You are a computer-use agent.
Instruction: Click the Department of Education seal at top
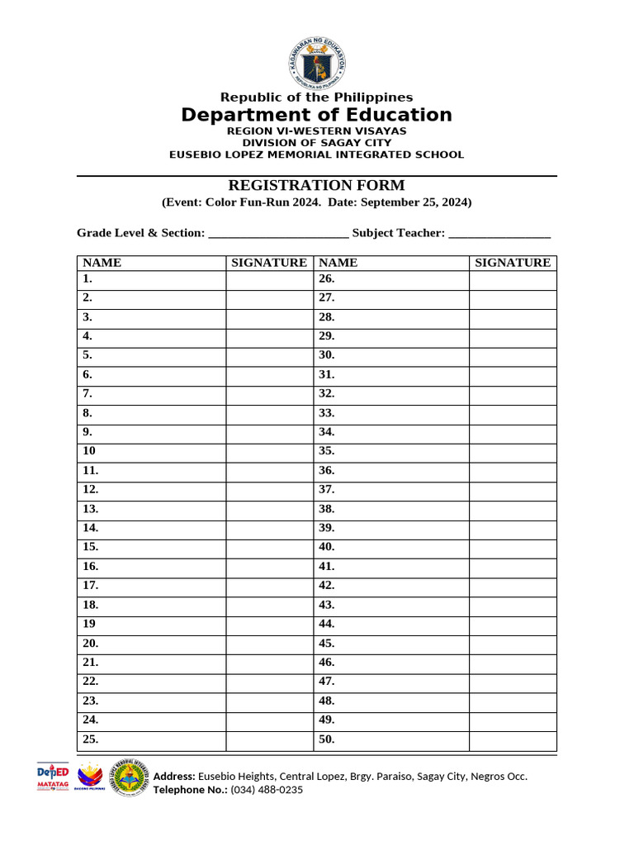(317, 63)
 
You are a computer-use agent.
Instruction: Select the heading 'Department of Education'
(317, 115)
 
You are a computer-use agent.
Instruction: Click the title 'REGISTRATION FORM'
(317, 185)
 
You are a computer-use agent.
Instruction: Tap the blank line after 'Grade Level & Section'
(278, 234)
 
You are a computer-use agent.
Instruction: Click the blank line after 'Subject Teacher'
(499, 234)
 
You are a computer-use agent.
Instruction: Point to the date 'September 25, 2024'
(416, 202)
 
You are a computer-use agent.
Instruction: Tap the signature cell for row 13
(269, 509)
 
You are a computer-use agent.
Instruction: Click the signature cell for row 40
(513, 547)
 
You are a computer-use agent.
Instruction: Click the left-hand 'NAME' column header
(102, 263)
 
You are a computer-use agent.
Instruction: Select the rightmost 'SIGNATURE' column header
(513, 263)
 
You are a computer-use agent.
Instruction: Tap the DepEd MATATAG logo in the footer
(53, 777)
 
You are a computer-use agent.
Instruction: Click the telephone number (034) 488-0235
(266, 790)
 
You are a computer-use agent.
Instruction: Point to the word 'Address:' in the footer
(174, 777)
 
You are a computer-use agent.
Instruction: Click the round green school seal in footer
(130, 777)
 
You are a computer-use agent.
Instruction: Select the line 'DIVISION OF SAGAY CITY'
(317, 143)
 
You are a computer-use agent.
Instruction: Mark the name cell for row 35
(391, 451)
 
